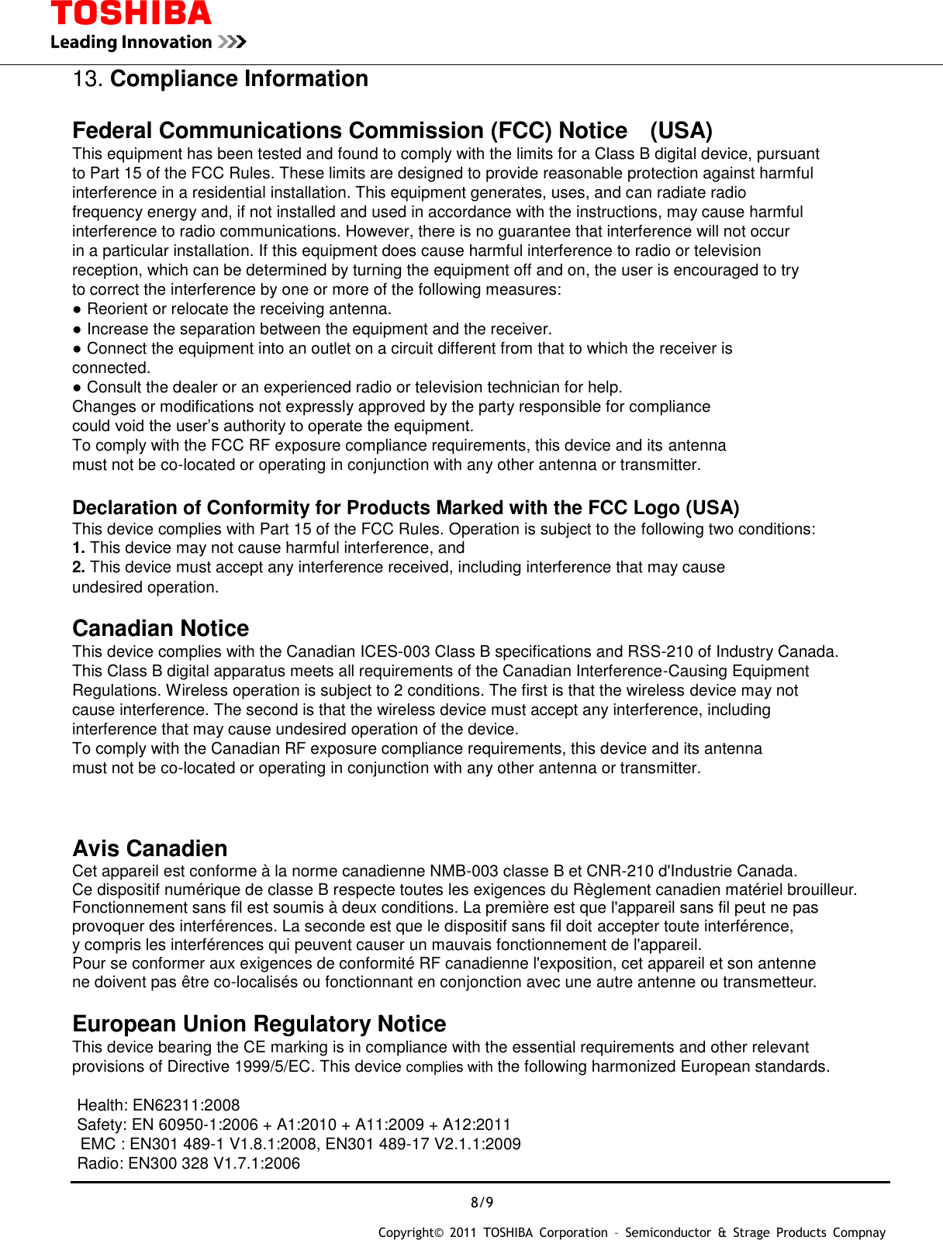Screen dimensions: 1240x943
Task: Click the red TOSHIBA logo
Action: click(130, 14)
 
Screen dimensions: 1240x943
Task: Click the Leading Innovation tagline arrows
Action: click(232, 42)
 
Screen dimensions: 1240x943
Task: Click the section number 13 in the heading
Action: click(87, 79)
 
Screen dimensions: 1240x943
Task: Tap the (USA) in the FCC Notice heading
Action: click(681, 130)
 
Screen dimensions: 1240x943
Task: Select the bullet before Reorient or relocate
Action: click(78, 309)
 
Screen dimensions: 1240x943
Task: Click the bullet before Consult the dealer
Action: click(78, 388)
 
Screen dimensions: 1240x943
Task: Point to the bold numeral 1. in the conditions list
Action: click(78, 548)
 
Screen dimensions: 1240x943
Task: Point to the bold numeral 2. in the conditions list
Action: click(78, 568)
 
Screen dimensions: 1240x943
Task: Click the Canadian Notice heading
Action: click(161, 628)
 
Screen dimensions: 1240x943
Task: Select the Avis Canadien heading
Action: click(150, 848)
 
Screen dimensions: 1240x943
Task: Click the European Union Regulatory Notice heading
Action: click(259, 1024)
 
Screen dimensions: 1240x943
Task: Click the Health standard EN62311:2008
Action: click(186, 1106)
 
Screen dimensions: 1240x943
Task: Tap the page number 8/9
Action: click(482, 1203)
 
